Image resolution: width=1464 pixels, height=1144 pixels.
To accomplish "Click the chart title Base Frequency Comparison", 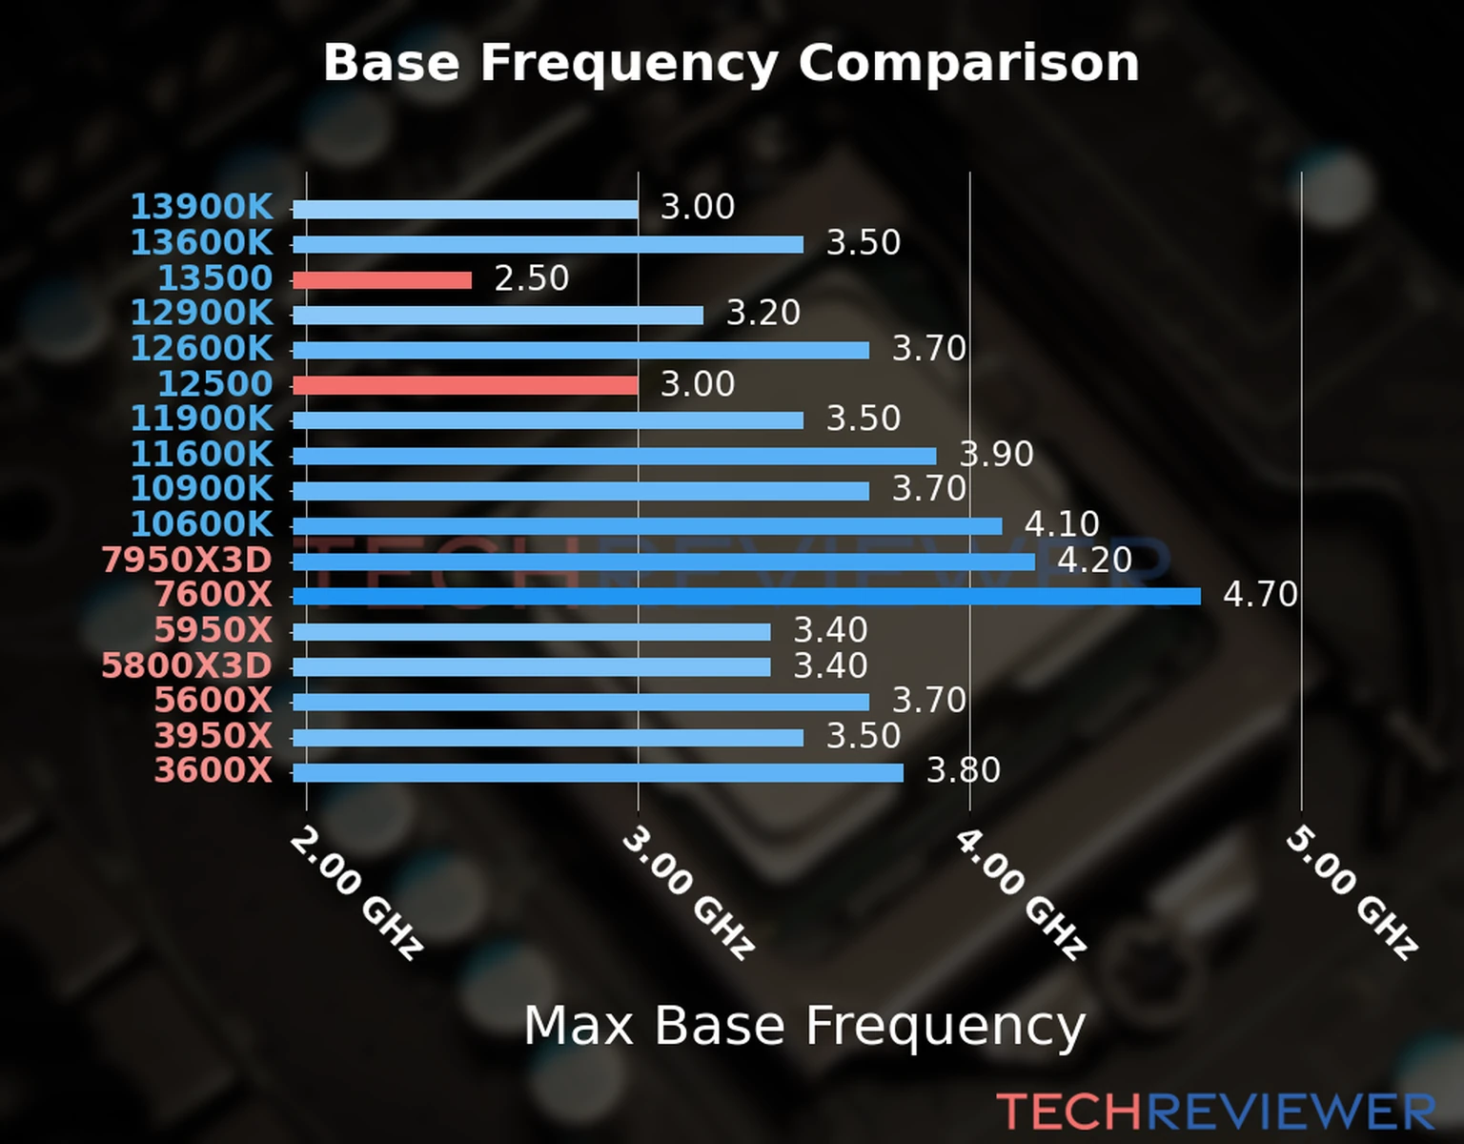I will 731,63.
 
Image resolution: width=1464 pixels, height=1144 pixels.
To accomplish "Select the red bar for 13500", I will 382,280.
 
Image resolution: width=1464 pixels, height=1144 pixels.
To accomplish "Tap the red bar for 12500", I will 465,385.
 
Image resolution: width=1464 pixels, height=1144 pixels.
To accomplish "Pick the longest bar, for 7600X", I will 746,597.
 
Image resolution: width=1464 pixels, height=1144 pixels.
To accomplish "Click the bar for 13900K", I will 465,210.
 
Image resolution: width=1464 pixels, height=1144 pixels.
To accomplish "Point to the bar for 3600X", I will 598,772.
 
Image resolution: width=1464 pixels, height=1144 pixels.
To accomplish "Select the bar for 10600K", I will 647,526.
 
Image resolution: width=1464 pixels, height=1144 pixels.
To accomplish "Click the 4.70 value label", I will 1260,595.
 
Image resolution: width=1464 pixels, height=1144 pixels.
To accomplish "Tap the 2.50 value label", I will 532,278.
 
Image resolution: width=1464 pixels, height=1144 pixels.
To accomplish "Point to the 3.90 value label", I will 996,454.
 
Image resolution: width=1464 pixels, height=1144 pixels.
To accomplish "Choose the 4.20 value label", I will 1094,560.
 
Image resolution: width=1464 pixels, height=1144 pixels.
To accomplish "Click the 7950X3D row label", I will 187,561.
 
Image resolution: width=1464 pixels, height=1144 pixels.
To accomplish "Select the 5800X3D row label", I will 187,665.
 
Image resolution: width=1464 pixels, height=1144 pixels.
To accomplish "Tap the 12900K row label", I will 201,313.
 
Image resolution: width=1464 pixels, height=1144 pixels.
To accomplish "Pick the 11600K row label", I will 201,454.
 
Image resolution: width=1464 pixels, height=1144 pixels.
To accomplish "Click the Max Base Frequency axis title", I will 804,1026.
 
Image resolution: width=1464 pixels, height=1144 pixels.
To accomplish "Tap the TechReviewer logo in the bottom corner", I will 1215,1112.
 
